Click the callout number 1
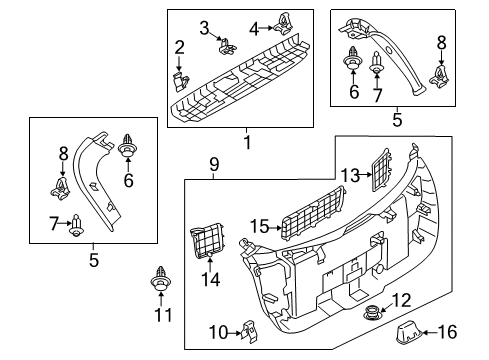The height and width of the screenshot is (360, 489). point(247,142)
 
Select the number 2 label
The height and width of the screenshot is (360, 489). point(179,47)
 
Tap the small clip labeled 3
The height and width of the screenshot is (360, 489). point(228,46)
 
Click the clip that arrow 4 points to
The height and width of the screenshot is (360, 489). point(284,23)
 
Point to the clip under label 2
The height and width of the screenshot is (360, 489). point(181,81)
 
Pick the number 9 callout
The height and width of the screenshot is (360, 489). point(214,164)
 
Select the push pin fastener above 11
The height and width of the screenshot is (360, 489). point(161,279)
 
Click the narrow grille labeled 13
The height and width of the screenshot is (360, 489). point(381,170)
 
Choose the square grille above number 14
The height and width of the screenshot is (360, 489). point(206,241)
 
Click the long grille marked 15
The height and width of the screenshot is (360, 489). point(314,212)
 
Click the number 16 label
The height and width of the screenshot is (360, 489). point(447,332)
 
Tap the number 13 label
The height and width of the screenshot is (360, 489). point(350,175)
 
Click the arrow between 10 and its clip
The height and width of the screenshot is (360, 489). point(235,332)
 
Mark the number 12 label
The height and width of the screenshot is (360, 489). point(401,300)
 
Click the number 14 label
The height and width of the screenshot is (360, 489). point(210,279)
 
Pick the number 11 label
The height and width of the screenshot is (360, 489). point(163,315)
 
